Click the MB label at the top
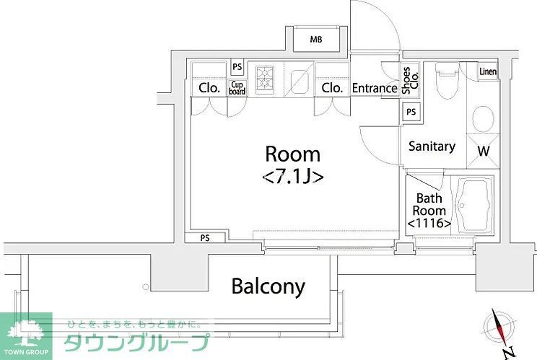316,39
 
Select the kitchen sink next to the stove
298,79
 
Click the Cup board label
237,88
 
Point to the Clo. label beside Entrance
332,88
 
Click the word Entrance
375,88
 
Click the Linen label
488,71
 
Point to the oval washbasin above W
482,118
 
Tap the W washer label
483,152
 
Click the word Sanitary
432,146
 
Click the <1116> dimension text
429,224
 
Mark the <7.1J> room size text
292,175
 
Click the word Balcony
268,286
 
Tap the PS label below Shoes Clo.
411,112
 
